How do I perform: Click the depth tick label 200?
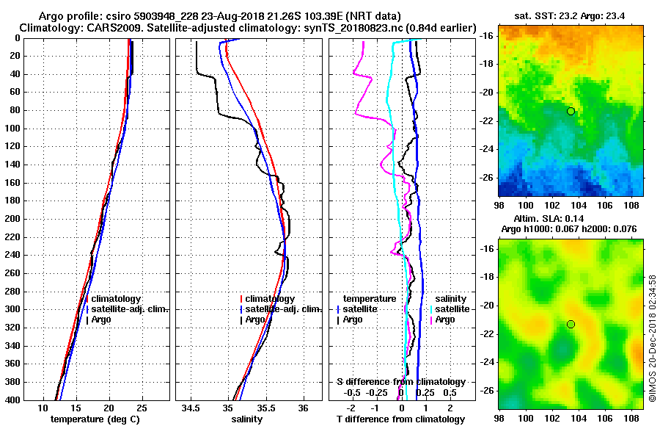coord(12,219)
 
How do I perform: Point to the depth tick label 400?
coord(12,400)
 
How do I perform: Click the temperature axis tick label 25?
coord(142,408)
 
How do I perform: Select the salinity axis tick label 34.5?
coord(191,408)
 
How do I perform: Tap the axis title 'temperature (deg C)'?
coord(95,419)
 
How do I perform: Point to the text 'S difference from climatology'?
coord(401,382)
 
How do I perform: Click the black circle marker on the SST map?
coord(571,111)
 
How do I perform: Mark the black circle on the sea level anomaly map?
coord(571,324)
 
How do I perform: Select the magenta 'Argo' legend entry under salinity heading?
coord(445,319)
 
